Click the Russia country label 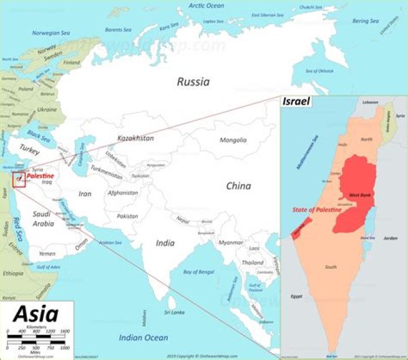coord(193,82)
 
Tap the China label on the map coord(238,186)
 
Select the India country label coord(165,243)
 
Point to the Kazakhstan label coord(135,138)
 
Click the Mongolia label coord(233,140)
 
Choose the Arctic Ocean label coord(206,6)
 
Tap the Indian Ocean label coord(143,338)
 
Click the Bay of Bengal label coord(199,272)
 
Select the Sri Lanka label coord(174,312)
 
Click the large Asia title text coord(35,314)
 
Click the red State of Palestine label coord(317,210)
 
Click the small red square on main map coord(19,179)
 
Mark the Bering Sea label coord(365,21)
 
